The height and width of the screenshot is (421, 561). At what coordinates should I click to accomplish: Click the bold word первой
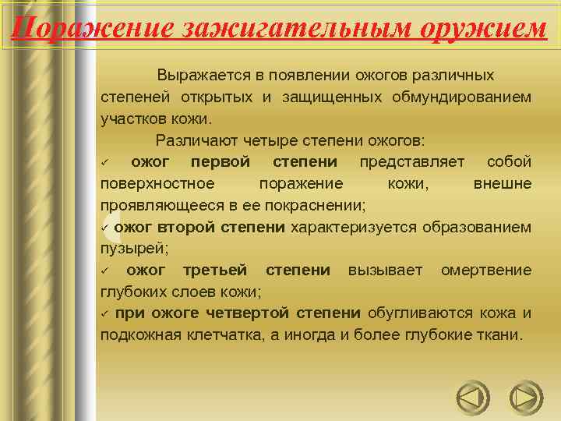[221, 162]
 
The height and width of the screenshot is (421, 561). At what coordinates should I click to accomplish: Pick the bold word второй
[187, 227]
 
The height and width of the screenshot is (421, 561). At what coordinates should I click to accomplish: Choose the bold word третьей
[215, 270]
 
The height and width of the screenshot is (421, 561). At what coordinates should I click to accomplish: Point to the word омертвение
[486, 270]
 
